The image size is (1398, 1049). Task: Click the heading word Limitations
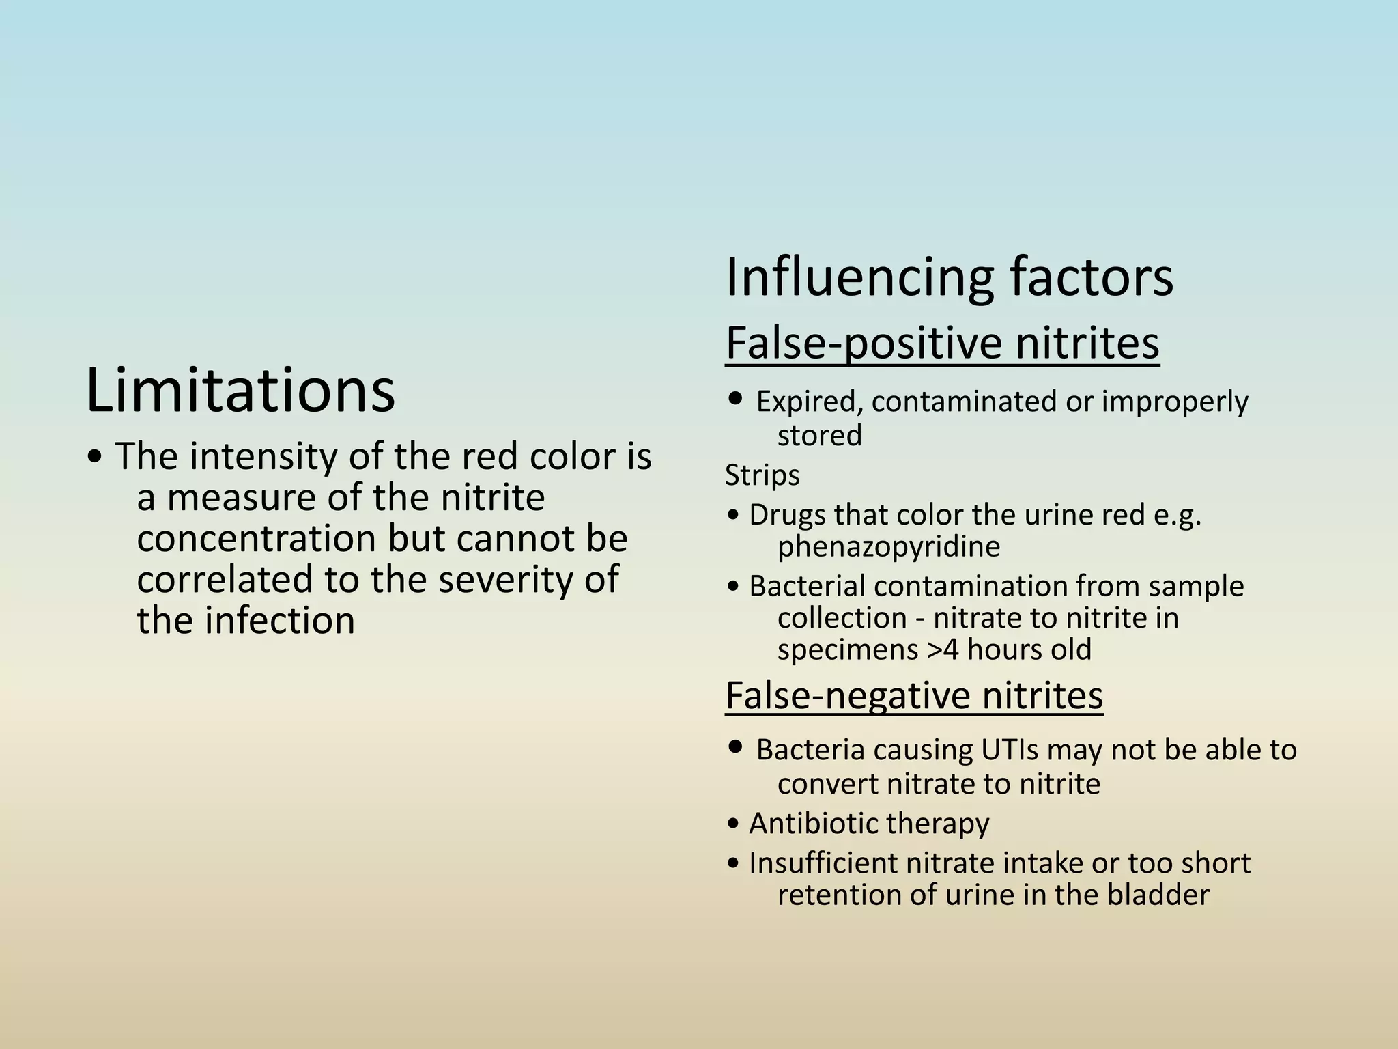240,390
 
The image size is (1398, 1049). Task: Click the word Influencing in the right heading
859,277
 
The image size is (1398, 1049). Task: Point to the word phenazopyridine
889,546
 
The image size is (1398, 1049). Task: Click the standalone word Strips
762,475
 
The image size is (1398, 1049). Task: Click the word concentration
257,538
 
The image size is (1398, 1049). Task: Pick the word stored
820,435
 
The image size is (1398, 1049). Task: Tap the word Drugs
782,514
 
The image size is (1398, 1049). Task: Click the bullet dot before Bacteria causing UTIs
735,746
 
